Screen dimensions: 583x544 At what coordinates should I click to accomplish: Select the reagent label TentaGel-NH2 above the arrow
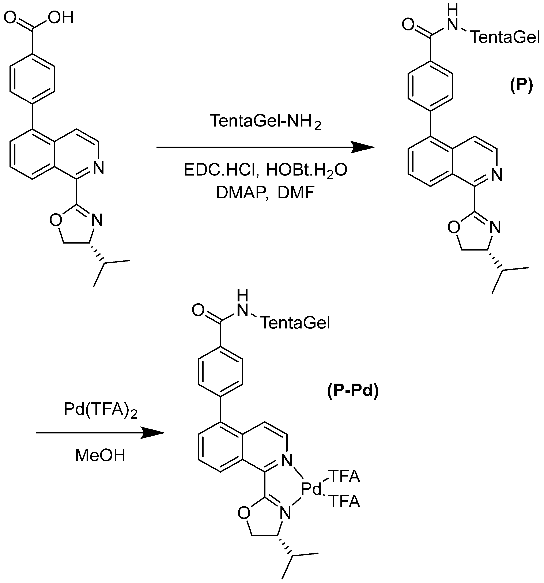coord(265,121)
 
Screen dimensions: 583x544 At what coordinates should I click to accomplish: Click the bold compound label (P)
coord(521,86)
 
